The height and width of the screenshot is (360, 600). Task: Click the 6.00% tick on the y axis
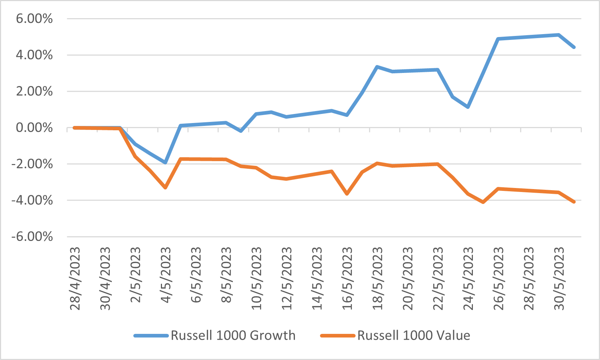click(x=34, y=19)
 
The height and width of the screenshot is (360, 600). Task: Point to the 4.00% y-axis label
click(x=34, y=55)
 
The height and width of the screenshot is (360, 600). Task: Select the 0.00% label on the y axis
click(x=34, y=128)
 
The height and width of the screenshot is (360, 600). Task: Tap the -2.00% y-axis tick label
click(x=32, y=164)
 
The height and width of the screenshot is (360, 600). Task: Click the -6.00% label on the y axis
click(x=32, y=237)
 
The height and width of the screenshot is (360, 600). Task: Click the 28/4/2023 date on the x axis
click(x=75, y=279)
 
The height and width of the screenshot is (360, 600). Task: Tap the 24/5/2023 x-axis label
click(x=469, y=279)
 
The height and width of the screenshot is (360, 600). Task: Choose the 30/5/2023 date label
click(x=559, y=279)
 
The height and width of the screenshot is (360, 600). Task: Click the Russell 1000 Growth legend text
click(x=233, y=335)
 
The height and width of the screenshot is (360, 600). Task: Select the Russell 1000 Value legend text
click(x=414, y=335)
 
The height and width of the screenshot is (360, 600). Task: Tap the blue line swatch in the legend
click(x=151, y=336)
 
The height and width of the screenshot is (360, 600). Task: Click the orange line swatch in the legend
click(x=338, y=336)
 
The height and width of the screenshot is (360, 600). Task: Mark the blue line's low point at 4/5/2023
click(x=165, y=162)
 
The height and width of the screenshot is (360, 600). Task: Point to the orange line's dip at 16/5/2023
click(x=347, y=194)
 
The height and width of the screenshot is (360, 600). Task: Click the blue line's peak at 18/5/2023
click(x=377, y=67)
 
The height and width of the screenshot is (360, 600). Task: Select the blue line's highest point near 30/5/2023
click(x=559, y=35)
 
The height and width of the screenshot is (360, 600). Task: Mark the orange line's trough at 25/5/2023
click(x=483, y=202)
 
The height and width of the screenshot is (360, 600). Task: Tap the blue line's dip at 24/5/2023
click(x=468, y=107)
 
